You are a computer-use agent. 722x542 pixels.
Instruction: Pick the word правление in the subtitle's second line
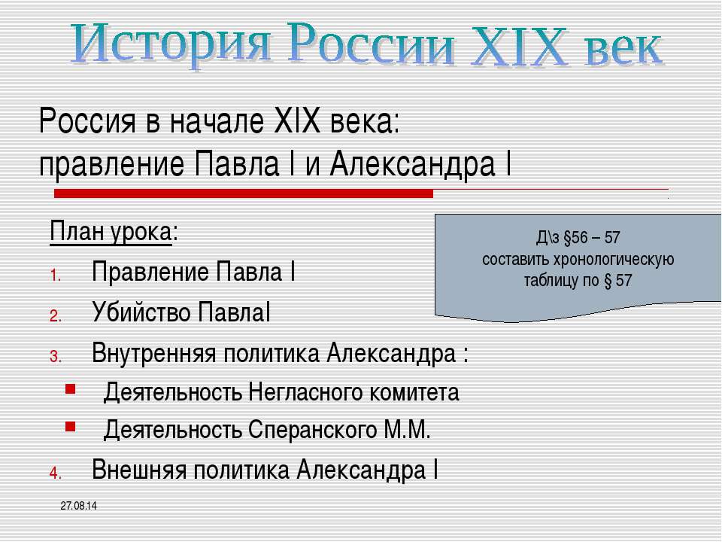(x=112, y=162)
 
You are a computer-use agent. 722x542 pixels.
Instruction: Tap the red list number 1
(x=55, y=274)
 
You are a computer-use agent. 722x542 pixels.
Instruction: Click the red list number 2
(x=55, y=315)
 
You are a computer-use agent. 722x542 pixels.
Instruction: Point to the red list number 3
(x=55, y=355)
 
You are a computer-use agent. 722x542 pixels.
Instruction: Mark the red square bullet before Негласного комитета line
(x=71, y=391)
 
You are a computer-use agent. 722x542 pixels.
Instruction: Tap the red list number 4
(x=54, y=473)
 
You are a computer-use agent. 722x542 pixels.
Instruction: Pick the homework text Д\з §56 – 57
(x=578, y=238)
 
